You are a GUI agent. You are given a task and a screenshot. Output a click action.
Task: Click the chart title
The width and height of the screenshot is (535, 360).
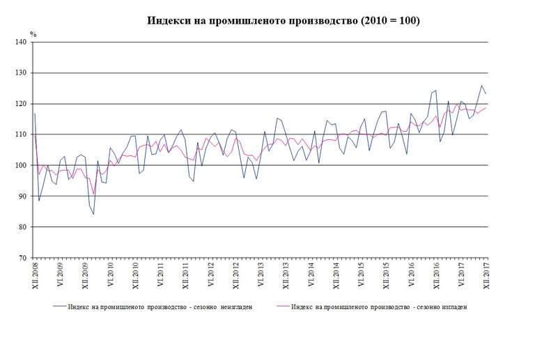click(x=283, y=20)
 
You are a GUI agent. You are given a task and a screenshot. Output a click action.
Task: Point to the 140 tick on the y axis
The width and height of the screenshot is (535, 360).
click(x=21, y=42)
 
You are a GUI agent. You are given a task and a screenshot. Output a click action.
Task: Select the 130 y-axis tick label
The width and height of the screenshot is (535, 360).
click(x=21, y=73)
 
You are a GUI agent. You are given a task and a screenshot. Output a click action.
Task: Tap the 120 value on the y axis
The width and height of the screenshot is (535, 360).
click(x=21, y=104)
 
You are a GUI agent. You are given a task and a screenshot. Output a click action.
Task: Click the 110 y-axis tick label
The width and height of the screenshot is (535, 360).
click(x=21, y=134)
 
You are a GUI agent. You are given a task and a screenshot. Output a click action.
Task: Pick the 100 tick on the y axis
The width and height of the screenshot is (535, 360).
click(x=21, y=166)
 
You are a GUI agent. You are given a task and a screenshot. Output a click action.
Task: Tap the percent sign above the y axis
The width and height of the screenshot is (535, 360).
click(x=32, y=33)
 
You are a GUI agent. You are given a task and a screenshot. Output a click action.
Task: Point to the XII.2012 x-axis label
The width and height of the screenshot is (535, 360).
click(x=235, y=277)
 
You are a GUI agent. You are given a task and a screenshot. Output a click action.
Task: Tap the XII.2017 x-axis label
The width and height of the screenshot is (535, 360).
click(x=486, y=277)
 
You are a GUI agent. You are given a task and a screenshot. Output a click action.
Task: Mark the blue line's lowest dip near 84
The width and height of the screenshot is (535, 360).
click(x=93, y=214)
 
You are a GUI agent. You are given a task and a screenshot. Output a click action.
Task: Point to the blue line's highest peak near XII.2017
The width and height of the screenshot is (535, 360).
click(x=481, y=86)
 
